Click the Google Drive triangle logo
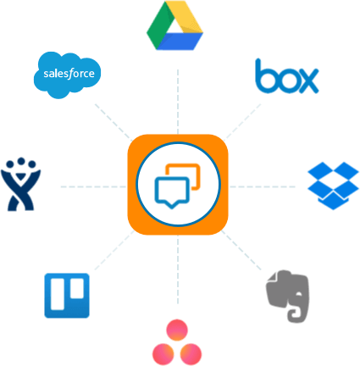pos(174,25)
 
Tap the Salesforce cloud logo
pos(67,75)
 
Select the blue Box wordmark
pos(287,76)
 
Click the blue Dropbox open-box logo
pos(333,186)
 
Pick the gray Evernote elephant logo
pos(288,297)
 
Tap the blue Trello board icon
pos(67,296)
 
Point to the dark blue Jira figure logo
pos(20,184)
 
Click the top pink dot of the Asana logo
pos(177,330)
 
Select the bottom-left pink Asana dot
pos(163,354)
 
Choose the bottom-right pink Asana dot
pos(191,354)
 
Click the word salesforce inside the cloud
pos(69,74)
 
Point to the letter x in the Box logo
pos(307,81)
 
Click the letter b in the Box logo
pos(265,76)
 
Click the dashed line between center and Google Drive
pos(178,102)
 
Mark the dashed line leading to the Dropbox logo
pos(263,186)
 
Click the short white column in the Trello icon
pos(77,288)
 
